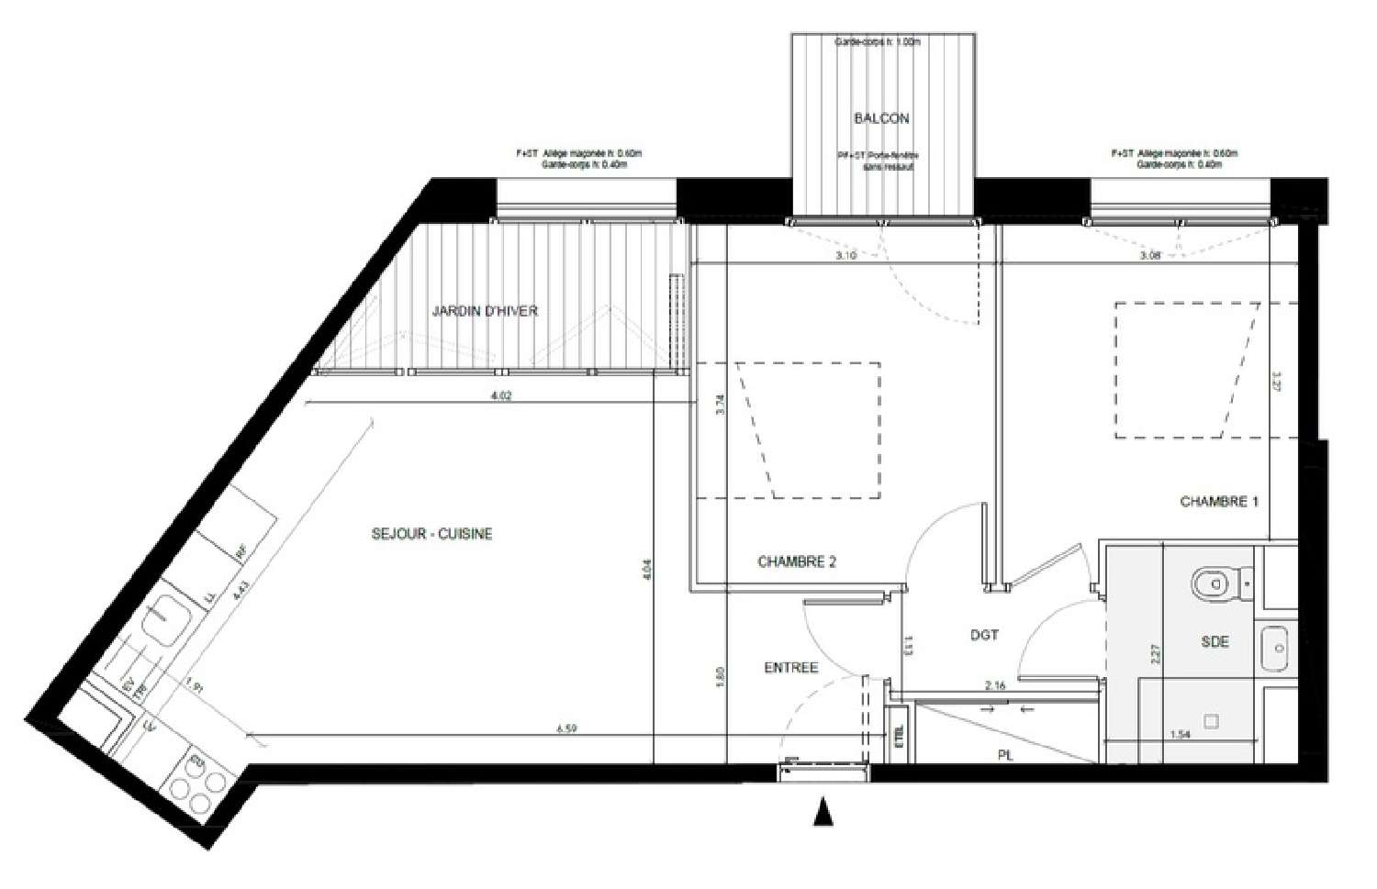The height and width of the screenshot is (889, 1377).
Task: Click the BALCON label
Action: click(881, 118)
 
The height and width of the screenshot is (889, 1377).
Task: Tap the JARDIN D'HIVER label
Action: click(485, 311)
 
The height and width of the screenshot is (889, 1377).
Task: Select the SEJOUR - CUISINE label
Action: click(431, 533)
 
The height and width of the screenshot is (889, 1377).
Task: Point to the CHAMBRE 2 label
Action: click(797, 562)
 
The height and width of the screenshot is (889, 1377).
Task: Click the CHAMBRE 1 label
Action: click(1218, 502)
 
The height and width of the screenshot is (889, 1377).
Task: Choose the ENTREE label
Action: click(790, 668)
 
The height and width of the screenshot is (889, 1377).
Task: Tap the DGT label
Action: click(984, 634)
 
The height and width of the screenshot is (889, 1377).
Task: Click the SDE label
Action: click(1215, 642)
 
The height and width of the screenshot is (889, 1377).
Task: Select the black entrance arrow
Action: click(823, 812)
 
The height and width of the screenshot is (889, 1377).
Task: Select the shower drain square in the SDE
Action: click(1211, 721)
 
